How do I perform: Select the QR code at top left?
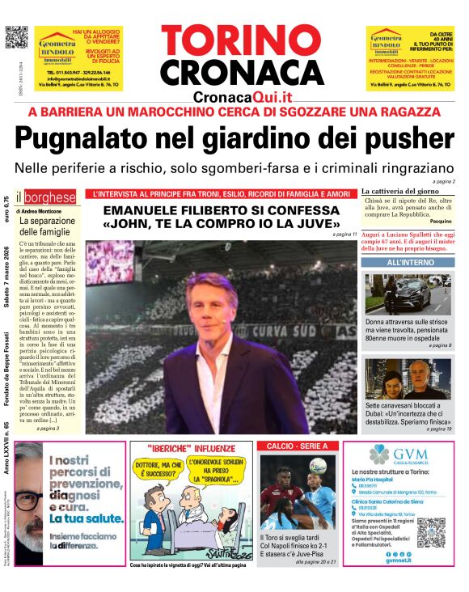click(x=15, y=37)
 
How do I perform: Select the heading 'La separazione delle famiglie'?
click(x=46, y=226)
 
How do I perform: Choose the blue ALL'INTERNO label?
click(x=408, y=263)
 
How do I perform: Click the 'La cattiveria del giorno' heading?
click(x=402, y=189)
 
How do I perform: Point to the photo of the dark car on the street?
click(x=408, y=294)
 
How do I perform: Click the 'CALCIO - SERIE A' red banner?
click(x=297, y=446)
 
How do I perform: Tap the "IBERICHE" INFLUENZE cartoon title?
click(x=189, y=447)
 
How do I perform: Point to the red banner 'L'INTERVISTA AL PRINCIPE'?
click(x=222, y=194)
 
